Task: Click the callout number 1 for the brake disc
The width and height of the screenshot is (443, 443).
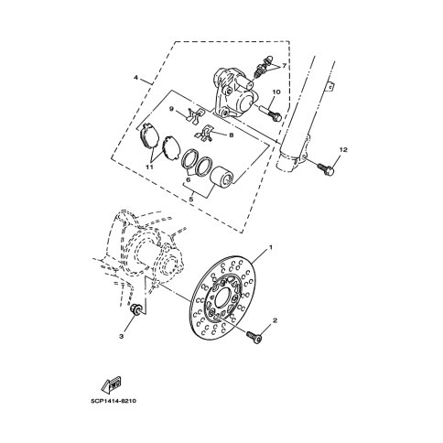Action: [270, 246]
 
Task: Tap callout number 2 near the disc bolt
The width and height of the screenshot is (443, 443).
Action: [275, 320]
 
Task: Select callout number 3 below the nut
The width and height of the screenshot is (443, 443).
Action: [122, 336]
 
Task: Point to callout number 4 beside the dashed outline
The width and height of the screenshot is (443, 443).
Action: [136, 78]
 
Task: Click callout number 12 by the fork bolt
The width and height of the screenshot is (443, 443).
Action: [343, 150]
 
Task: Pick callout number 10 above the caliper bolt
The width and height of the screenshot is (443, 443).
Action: [276, 92]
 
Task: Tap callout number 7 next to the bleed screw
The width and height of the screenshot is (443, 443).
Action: [284, 66]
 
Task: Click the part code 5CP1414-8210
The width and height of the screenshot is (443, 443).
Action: [113, 401]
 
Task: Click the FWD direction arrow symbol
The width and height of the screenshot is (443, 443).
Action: [111, 384]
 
